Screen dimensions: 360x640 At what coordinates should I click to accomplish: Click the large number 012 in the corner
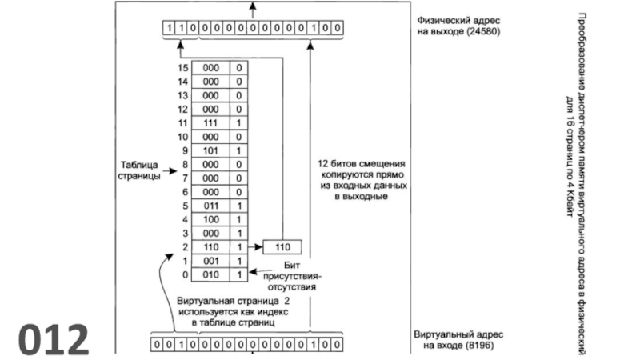(54, 338)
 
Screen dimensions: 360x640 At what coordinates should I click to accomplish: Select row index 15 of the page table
(182, 68)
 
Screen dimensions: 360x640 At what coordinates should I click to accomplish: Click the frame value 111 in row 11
(211, 122)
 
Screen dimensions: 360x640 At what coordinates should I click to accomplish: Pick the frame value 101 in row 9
(211, 150)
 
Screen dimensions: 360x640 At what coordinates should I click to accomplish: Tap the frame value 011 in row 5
(211, 205)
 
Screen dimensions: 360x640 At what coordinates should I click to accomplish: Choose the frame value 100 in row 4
(211, 218)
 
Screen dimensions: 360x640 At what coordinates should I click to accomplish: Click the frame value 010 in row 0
(211, 274)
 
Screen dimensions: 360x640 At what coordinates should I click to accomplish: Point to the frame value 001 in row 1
(211, 260)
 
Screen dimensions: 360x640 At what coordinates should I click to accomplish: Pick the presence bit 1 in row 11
(239, 122)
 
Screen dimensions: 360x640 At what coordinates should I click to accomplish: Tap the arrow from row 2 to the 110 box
(255, 246)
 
